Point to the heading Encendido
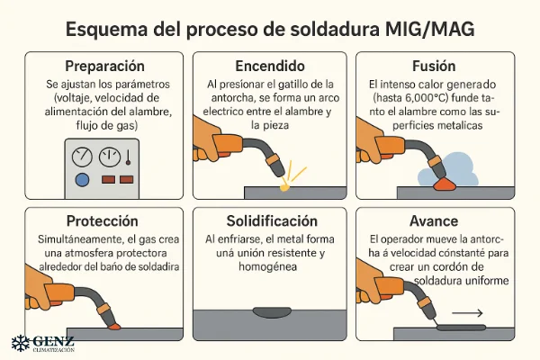point(268,67)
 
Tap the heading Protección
point(101,220)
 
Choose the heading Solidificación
point(268,220)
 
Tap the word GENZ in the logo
point(52,342)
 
